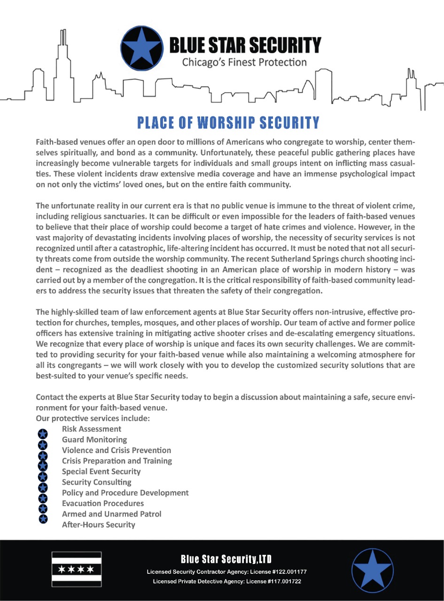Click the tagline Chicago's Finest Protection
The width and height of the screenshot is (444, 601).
tap(244, 62)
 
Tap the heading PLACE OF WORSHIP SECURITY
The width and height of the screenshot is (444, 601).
tap(228, 123)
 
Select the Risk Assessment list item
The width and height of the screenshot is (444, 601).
tap(92, 429)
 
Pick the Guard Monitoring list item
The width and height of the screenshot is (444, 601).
tap(94, 439)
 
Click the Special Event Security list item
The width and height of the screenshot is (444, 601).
tap(101, 471)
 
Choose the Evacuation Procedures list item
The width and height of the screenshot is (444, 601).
tap(103, 503)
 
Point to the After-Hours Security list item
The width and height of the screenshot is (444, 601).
tap(99, 524)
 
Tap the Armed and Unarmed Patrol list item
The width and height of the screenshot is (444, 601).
tap(111, 514)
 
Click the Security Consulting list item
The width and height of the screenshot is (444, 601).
tap(97, 482)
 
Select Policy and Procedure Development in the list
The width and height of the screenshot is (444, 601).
tap(125, 493)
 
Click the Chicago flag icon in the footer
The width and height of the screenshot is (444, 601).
tap(76, 570)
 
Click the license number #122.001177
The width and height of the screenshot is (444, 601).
tap(283, 572)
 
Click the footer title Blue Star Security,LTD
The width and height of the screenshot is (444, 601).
tap(226, 559)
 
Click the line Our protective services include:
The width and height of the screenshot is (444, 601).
tap(93, 418)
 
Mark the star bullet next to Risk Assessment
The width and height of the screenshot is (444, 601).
tap(43, 432)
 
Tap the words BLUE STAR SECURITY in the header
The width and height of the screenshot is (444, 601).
tap(245, 46)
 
